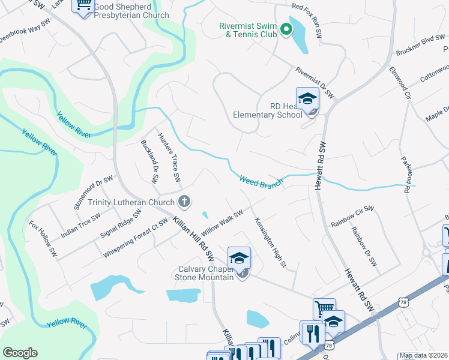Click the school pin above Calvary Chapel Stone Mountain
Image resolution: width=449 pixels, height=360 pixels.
(x=239, y=258)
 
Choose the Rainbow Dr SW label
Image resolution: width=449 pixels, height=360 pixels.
(x=364, y=246)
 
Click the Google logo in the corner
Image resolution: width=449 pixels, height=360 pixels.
(x=20, y=353)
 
